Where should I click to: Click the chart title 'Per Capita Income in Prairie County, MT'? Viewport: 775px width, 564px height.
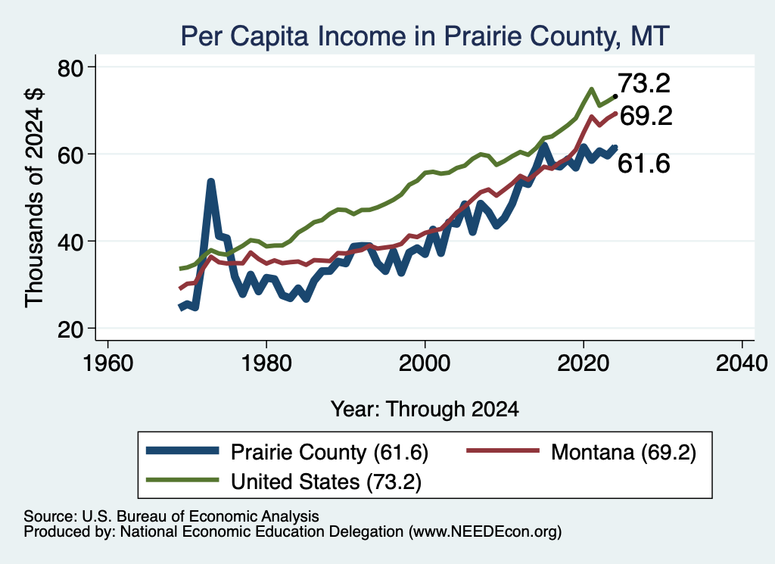pyautogui.click(x=425, y=36)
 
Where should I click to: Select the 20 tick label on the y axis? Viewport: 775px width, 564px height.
pyautogui.click(x=70, y=329)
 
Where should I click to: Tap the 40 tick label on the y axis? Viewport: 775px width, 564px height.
pyautogui.click(x=70, y=242)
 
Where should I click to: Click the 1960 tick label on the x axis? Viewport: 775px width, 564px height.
pyautogui.click(x=108, y=363)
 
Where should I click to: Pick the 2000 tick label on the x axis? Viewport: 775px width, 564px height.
pyautogui.click(x=425, y=363)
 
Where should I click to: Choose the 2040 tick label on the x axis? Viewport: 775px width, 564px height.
pyautogui.click(x=742, y=363)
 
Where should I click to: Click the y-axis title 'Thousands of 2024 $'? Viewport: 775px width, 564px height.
pyautogui.click(x=34, y=198)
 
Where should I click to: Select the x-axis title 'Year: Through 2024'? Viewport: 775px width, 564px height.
pyautogui.click(x=425, y=410)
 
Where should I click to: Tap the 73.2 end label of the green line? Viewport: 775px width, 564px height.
pyautogui.click(x=644, y=83)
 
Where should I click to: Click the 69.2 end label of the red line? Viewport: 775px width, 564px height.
pyautogui.click(x=646, y=116)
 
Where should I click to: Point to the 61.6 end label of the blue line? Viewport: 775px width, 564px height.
pyautogui.click(x=644, y=163)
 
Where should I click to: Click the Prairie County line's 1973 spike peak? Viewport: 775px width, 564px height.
pyautogui.click(x=211, y=182)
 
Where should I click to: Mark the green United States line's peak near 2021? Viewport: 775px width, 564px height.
pyautogui.click(x=591, y=89)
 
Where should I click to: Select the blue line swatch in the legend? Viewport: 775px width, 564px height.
pyautogui.click(x=182, y=450)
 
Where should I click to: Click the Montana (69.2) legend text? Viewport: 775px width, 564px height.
pyautogui.click(x=624, y=452)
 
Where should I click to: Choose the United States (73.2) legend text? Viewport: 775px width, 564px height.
pyautogui.click(x=326, y=482)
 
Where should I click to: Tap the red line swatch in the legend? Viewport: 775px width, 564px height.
pyautogui.click(x=503, y=450)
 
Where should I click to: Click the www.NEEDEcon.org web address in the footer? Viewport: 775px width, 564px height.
pyautogui.click(x=484, y=532)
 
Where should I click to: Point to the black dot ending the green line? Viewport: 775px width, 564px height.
pyautogui.click(x=615, y=96)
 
